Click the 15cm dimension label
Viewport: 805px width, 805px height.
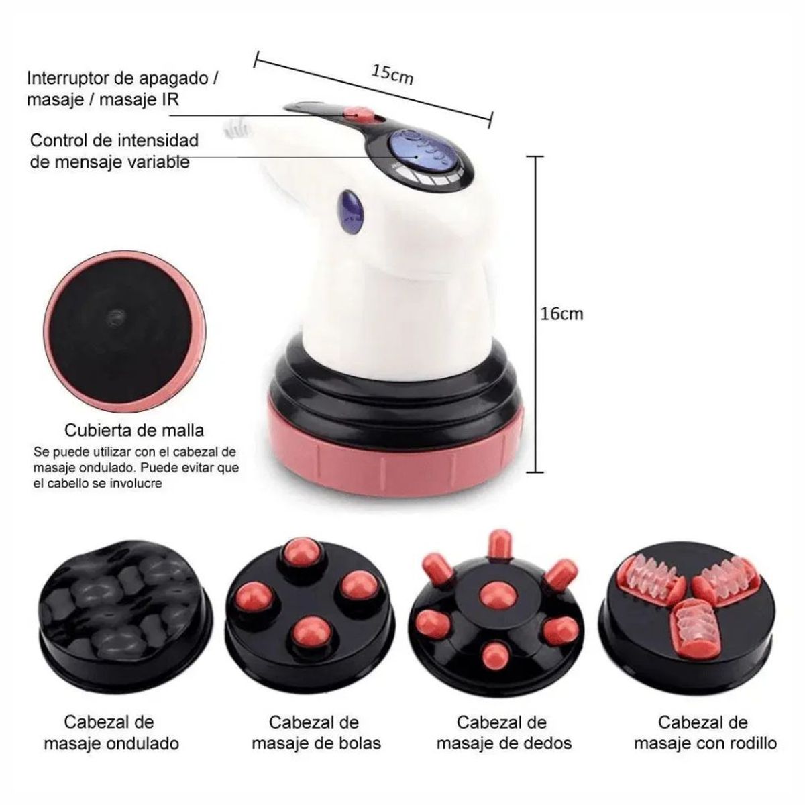(x=393, y=74)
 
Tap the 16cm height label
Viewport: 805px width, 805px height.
(x=562, y=313)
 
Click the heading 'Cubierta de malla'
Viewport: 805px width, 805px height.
(x=134, y=429)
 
